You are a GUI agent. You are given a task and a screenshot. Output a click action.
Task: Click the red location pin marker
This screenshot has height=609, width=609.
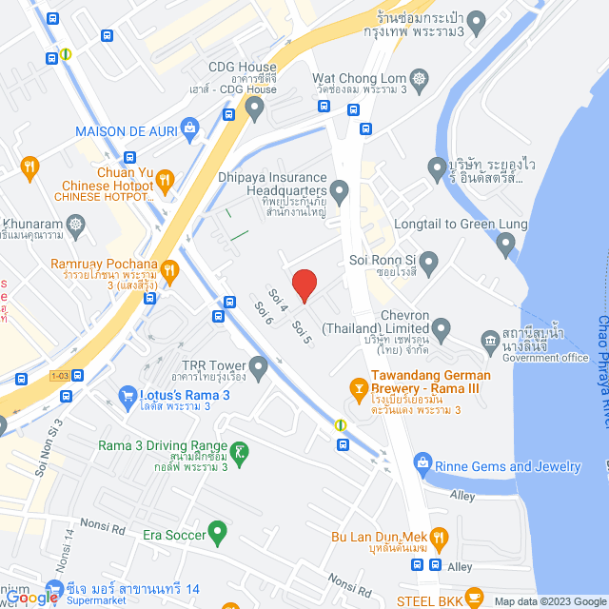click(x=304, y=285)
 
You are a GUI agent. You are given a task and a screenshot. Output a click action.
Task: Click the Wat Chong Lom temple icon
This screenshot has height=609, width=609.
click(x=419, y=77)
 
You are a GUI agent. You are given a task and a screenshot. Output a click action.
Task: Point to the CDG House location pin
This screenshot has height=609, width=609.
click(x=254, y=110)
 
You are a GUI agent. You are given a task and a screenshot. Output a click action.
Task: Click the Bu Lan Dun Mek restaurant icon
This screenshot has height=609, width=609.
click(x=438, y=540)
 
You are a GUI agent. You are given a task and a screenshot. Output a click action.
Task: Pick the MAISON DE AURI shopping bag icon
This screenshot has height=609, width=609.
click(x=190, y=128)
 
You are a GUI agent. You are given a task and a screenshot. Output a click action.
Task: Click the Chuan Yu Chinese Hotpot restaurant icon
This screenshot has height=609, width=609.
click(x=167, y=177)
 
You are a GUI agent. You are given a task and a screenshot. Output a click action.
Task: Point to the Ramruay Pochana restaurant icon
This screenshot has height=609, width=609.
click(x=170, y=271)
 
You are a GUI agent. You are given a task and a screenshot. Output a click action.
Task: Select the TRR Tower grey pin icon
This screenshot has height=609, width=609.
click(x=258, y=366)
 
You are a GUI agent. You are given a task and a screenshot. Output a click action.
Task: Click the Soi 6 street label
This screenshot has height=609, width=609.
click(x=264, y=313)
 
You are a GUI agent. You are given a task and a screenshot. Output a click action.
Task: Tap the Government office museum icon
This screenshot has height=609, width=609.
click(x=490, y=340)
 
